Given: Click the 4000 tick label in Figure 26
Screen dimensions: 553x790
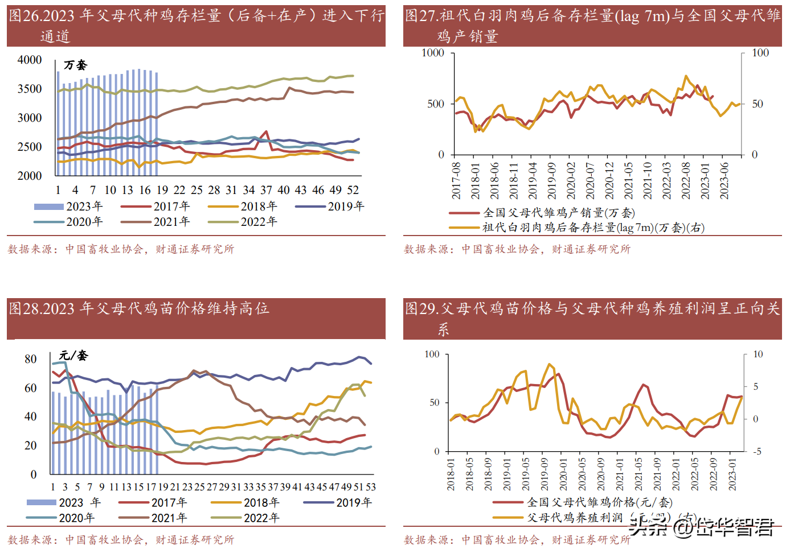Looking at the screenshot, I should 30,60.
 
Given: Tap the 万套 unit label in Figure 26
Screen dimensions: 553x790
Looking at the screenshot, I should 75,65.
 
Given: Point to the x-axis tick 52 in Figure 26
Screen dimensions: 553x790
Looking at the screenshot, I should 353,190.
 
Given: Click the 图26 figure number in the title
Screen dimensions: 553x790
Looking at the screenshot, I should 25,15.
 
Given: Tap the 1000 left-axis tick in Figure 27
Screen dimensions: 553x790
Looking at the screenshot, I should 433,53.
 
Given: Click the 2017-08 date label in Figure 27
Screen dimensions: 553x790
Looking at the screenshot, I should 457,181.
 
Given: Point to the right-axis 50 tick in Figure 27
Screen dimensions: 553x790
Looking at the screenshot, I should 758,104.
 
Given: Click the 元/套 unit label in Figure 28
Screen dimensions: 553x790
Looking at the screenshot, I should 73,356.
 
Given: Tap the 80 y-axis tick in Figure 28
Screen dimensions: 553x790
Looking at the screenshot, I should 31,359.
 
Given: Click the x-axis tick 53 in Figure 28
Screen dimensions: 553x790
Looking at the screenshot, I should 371,487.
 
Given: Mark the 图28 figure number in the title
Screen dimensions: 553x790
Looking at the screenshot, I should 25,308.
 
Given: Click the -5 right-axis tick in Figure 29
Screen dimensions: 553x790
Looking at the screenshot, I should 757,451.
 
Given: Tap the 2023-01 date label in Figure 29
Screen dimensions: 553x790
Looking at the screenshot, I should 732,474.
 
